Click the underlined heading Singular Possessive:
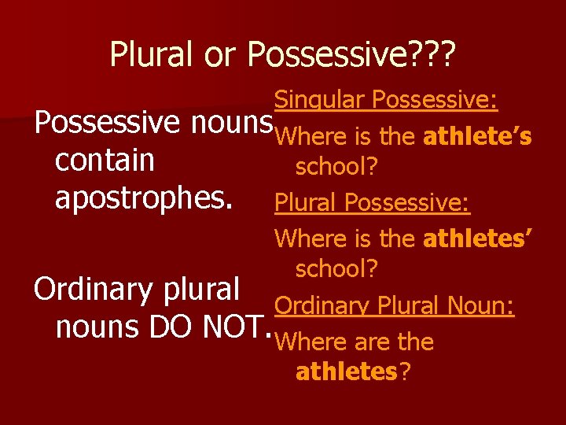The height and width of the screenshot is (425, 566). (x=385, y=100)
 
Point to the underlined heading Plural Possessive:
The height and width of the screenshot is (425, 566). (x=372, y=203)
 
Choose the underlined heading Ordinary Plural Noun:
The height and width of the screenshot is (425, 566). (x=395, y=305)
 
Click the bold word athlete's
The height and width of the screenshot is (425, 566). (x=477, y=137)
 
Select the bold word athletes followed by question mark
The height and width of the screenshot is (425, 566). (x=346, y=371)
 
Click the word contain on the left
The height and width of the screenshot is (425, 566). (x=105, y=161)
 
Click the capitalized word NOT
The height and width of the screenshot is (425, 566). (x=237, y=328)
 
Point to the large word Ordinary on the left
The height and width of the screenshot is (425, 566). (x=94, y=290)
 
